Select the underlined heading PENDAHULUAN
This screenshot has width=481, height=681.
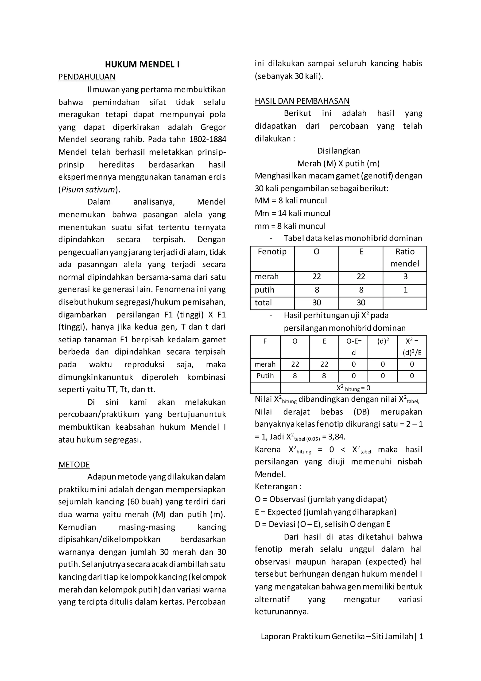(87, 77)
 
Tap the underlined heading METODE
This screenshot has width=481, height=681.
(74, 464)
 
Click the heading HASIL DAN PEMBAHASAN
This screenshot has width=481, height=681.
(302, 101)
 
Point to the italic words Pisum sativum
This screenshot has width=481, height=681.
(88, 190)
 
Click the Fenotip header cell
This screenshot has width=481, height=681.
(272, 252)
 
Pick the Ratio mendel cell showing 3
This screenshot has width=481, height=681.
(405, 277)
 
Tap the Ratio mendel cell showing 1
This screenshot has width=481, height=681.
(405, 290)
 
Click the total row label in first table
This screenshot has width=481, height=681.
(263, 303)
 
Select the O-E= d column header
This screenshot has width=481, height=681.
(353, 346)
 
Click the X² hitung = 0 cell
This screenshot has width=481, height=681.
(353, 388)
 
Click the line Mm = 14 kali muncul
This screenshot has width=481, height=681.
(292, 213)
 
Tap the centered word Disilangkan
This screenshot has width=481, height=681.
(338, 151)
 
